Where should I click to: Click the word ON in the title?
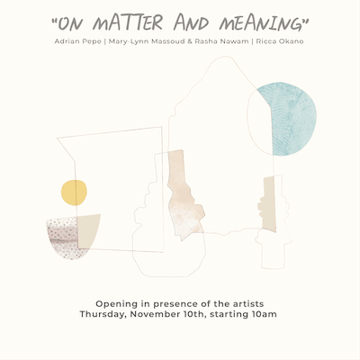tap(69, 24)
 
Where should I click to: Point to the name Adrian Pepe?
tap(77, 41)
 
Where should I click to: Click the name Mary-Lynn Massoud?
tap(147, 41)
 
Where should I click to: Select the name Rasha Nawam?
tap(221, 41)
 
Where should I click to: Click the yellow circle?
tap(74, 193)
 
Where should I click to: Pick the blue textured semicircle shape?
tap(290, 120)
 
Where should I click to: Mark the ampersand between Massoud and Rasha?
tap(190, 41)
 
